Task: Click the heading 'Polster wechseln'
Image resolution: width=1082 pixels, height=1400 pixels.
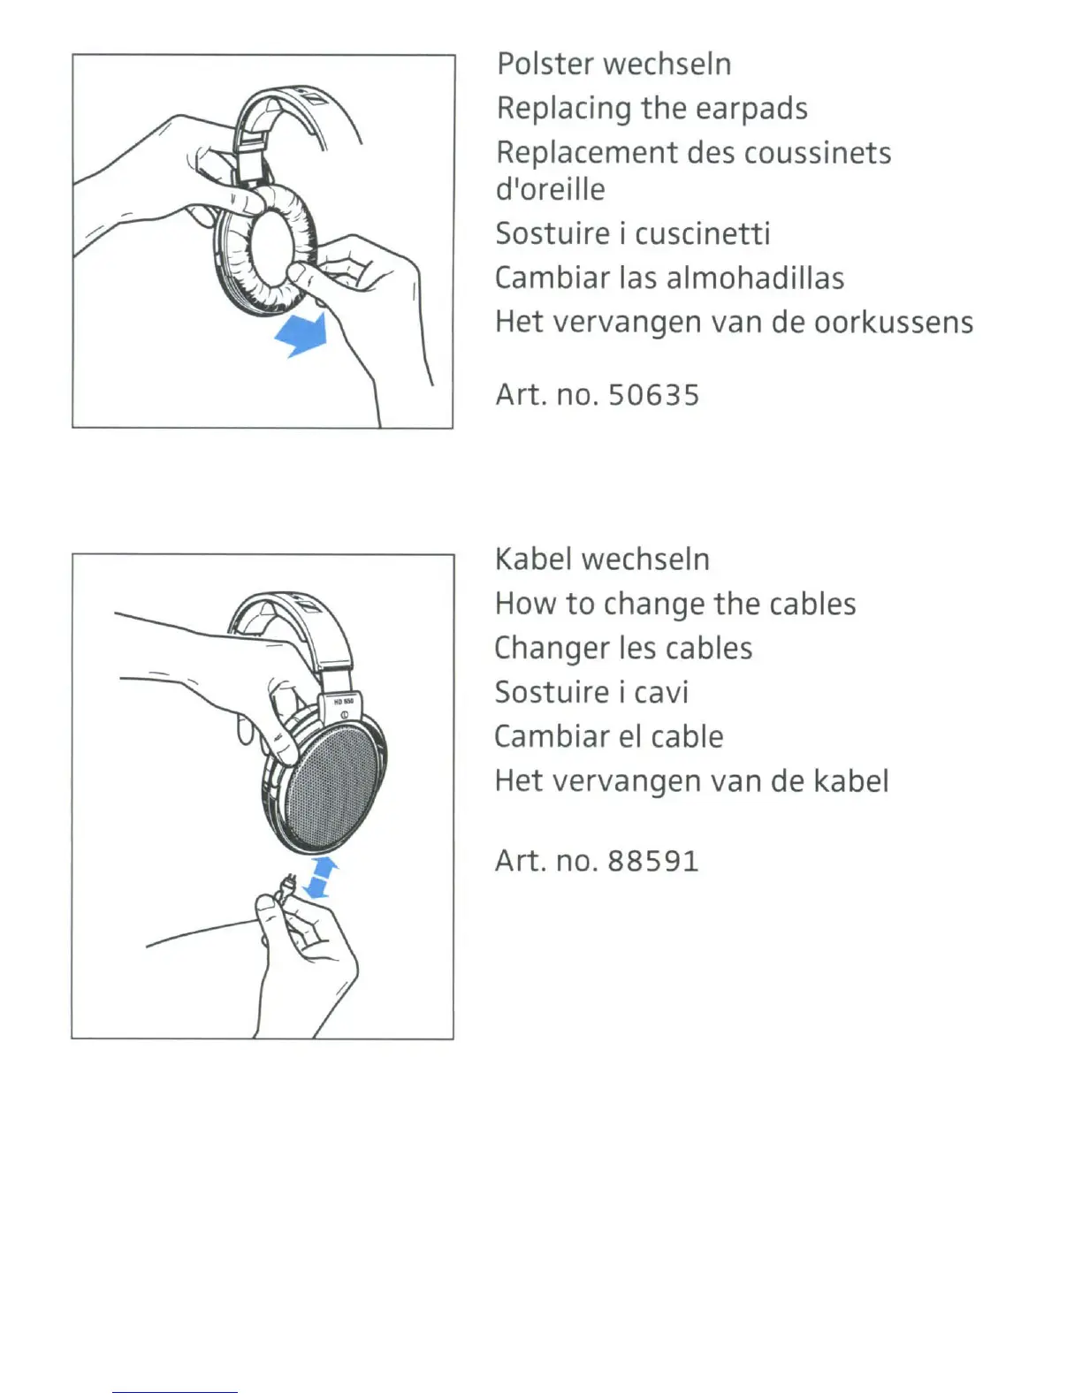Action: (613, 65)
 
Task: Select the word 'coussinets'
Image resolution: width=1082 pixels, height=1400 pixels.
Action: (817, 153)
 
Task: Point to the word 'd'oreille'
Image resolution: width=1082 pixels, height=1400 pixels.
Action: (550, 189)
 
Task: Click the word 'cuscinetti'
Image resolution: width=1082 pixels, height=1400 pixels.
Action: (702, 233)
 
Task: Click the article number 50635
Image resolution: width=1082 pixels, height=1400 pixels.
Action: (653, 395)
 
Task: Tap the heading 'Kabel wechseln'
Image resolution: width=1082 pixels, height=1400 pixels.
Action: (602, 559)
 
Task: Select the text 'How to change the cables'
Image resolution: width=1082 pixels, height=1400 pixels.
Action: (675, 604)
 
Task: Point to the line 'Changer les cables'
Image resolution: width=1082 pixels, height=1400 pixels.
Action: (623, 648)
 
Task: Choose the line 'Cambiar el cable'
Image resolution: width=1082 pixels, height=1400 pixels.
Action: (609, 736)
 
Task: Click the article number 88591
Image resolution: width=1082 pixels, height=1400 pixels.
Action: (653, 861)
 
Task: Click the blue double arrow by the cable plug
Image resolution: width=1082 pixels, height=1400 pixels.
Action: (319, 876)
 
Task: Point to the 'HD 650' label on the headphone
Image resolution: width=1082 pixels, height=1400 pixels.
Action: (343, 701)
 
